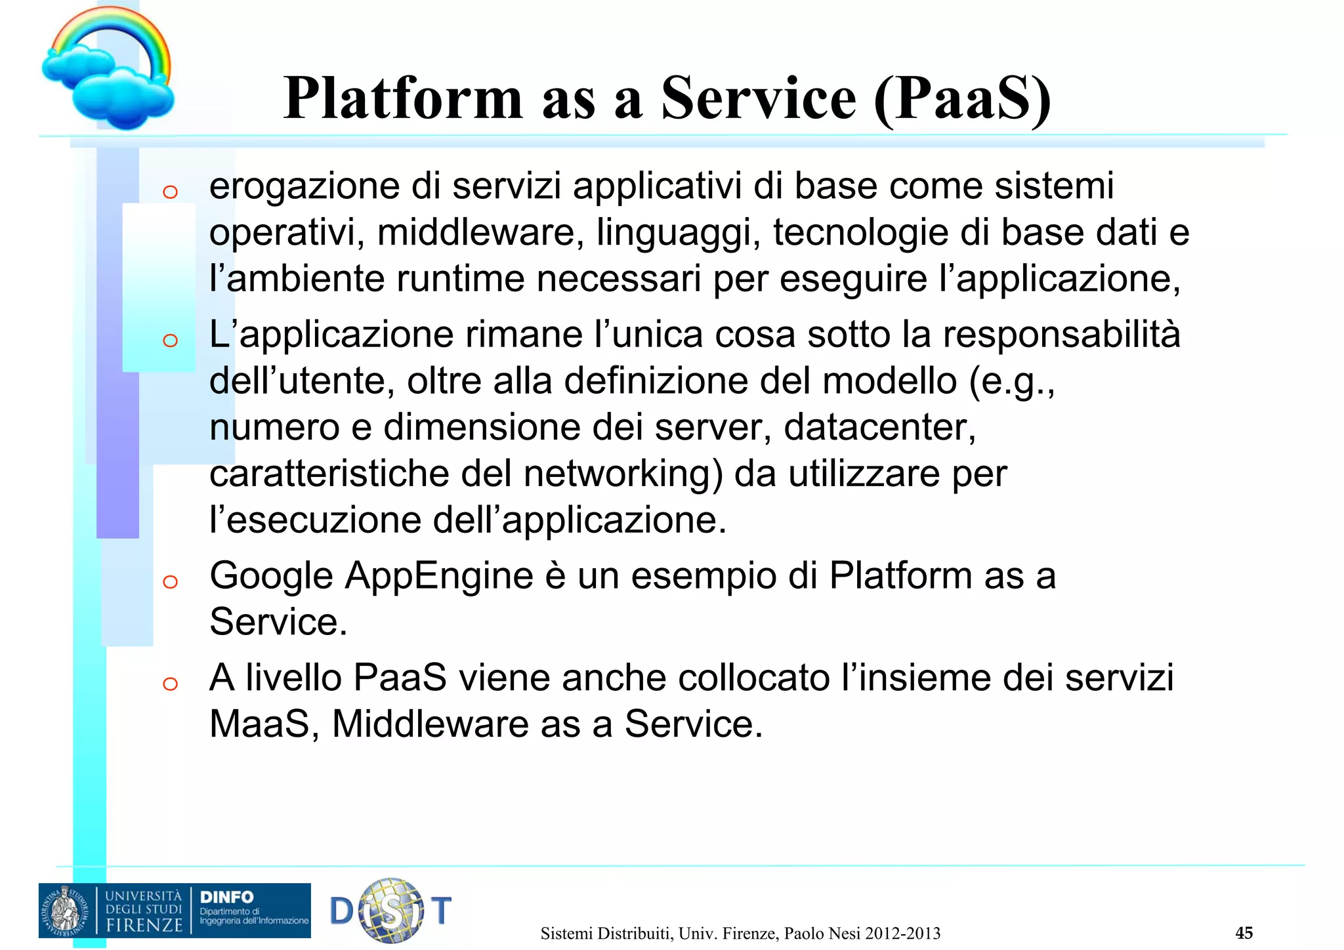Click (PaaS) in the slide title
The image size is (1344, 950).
[963, 98]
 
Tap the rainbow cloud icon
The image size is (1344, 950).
[108, 69]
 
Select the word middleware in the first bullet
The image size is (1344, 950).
[475, 232]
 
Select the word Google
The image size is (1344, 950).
[272, 576]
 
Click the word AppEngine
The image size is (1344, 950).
[439, 576]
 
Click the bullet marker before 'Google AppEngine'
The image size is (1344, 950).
[170, 581]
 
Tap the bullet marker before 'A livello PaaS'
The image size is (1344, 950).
[170, 684]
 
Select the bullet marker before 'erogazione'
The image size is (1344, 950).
[170, 192]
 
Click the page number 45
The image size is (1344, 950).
[1244, 932]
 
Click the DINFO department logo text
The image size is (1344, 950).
[226, 897]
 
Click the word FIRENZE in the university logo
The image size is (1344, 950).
[144, 925]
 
